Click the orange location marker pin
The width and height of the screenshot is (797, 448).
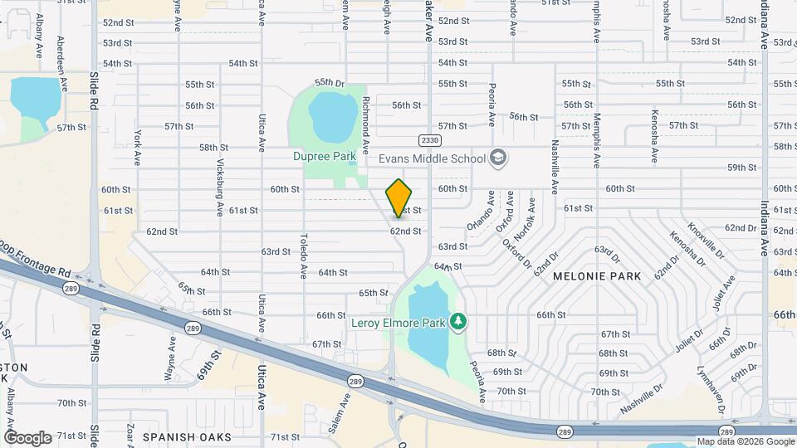pyautogui.click(x=399, y=197)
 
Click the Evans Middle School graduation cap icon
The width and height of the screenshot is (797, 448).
pyautogui.click(x=498, y=158)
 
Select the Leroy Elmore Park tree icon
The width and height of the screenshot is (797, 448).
pyautogui.click(x=457, y=321)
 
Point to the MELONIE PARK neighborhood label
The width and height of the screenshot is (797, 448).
pyautogui.click(x=597, y=276)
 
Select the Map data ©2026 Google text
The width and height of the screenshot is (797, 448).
pyautogui.click(x=746, y=441)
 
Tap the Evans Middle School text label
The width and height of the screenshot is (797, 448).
pyautogui.click(x=432, y=158)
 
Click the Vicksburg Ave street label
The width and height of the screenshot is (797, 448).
pyautogui.click(x=221, y=185)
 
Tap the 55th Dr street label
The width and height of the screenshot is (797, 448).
pyautogui.click(x=329, y=83)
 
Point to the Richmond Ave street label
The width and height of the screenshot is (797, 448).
pyautogui.click(x=365, y=127)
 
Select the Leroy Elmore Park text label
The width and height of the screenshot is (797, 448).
pyautogui.click(x=398, y=321)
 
